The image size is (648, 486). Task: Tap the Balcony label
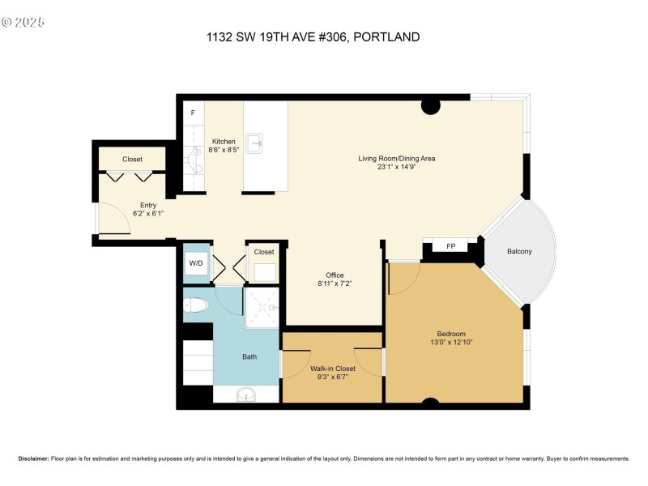point(519,251)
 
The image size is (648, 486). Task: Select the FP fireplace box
point(450,246)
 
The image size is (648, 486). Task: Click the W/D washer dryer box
point(196,263)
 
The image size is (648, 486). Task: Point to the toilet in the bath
point(195,305)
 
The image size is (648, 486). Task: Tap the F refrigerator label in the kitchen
point(193,113)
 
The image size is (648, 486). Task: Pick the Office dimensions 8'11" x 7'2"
point(334,284)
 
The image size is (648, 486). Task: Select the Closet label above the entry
point(132,160)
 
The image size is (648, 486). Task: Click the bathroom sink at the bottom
point(246,394)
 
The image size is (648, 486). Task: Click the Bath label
point(250,356)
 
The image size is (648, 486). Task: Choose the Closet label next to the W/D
point(264,252)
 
